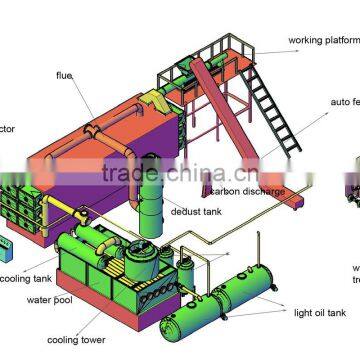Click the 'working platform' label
[322, 40]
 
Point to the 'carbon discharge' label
[247, 191]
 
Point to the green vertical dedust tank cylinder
[150, 200]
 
